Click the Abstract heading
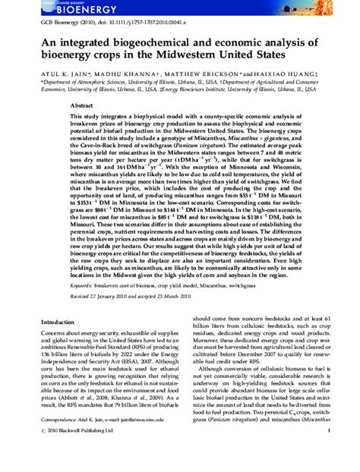point(81,107)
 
